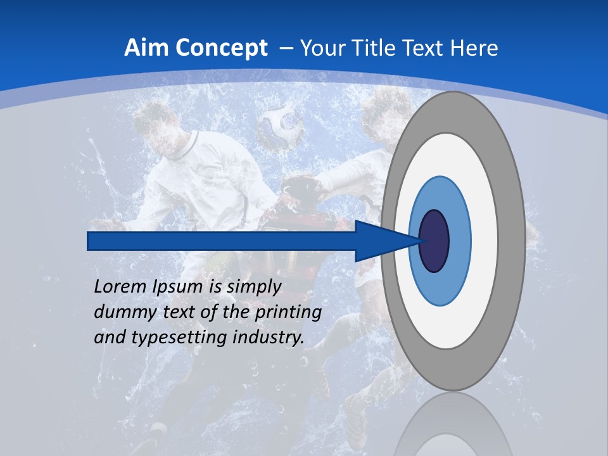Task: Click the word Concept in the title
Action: tap(220, 48)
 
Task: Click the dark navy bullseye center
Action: tap(434, 241)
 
